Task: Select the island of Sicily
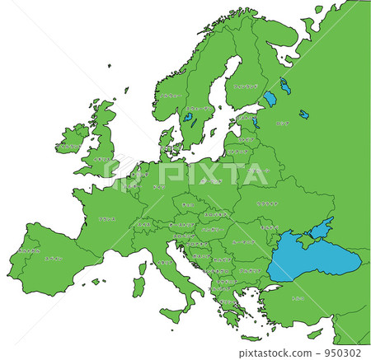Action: tap(176, 314)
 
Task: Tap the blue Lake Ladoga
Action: tap(270, 99)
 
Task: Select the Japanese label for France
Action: tap(106, 219)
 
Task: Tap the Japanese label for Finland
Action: tap(246, 85)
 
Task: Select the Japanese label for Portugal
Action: tap(28, 251)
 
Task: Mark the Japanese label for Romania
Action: tap(243, 242)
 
